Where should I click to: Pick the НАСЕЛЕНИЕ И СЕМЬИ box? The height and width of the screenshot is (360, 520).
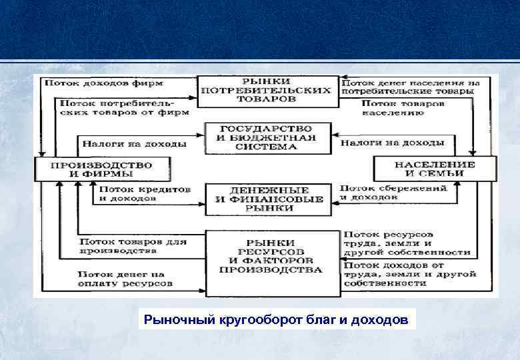tap(435, 169)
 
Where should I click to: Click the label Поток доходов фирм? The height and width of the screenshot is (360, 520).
tap(104, 83)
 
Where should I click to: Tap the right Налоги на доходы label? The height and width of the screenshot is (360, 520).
tap(393, 143)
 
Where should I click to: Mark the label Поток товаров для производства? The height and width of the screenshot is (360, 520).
tap(133, 246)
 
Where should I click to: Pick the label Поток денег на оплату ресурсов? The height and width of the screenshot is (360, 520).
tap(125, 279)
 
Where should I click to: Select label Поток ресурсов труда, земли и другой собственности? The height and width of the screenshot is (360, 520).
tap(407, 243)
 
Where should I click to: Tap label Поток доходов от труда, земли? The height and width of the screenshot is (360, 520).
tap(409, 274)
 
